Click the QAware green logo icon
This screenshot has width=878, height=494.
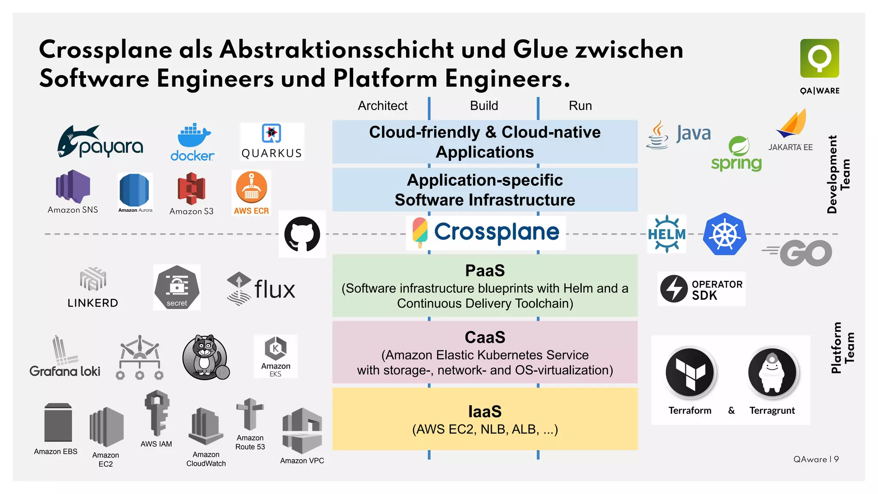click(819, 58)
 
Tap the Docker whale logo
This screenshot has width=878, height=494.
click(193, 136)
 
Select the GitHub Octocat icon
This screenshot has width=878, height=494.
click(302, 234)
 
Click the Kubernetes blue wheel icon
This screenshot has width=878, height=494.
click(725, 234)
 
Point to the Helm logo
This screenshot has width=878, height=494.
click(667, 234)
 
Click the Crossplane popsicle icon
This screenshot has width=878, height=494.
click(420, 232)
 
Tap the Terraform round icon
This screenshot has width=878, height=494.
click(690, 372)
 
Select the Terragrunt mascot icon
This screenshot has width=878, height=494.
click(772, 372)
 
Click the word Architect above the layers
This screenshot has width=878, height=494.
click(382, 105)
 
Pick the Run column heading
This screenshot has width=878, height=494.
click(580, 105)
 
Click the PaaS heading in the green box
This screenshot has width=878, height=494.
click(485, 271)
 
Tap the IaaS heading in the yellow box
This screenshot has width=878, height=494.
click(485, 412)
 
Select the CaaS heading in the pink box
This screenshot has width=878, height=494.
click(485, 337)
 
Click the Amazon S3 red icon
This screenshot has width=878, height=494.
click(192, 189)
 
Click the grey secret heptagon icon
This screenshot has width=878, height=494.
click(177, 287)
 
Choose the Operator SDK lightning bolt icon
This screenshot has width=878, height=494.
click(674, 289)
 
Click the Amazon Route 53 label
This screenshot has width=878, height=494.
click(250, 442)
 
